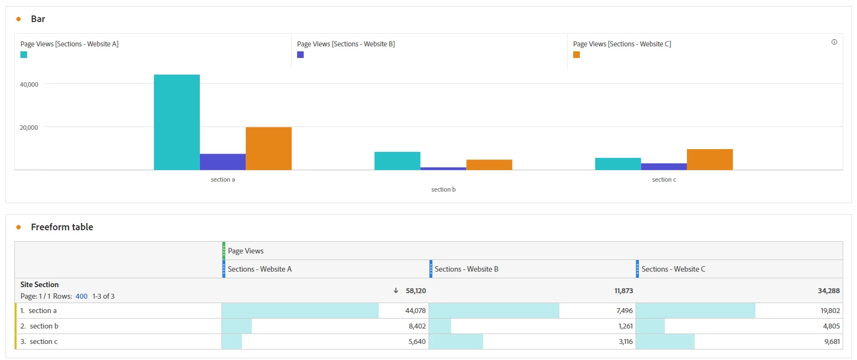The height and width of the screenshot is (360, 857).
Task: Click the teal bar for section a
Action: pos(177,122)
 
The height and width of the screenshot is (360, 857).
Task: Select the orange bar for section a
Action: pos(268,149)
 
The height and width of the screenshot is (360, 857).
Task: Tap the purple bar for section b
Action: pos(443,168)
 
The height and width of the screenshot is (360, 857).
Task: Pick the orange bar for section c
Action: pos(710,160)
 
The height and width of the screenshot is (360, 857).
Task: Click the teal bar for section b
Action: pos(397,161)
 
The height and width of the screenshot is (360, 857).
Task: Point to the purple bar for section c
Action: pos(664,167)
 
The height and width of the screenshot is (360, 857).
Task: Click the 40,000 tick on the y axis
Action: pos(29,84)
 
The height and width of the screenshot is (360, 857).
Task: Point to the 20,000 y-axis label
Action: pos(29,128)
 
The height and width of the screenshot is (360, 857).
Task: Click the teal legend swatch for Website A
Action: pos(24,55)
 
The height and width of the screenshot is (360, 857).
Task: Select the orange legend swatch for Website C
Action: pos(576,55)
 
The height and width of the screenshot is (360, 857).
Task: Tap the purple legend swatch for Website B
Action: pos(300,55)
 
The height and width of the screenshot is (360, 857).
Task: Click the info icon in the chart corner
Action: pos(834,42)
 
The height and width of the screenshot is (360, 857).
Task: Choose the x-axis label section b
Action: pos(443,189)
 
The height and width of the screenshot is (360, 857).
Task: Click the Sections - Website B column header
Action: pos(467,269)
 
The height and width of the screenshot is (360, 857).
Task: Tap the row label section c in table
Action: pos(44,342)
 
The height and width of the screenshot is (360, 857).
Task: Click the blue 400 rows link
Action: pos(82,297)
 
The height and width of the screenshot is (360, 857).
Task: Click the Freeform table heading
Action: pos(62,227)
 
